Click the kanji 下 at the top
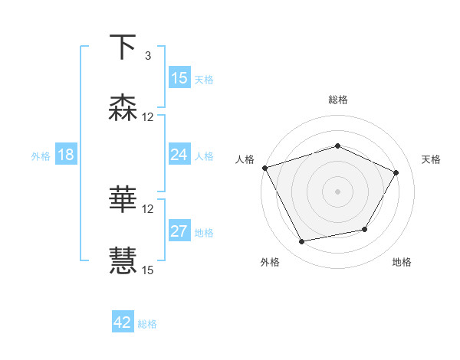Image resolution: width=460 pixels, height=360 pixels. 123,47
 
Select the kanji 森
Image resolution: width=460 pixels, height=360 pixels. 123,108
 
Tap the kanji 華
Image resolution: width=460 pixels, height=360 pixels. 123,200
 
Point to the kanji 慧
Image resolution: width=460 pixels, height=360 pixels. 123,260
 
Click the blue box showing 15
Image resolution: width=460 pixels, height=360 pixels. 179,77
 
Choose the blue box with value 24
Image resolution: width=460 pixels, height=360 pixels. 179,155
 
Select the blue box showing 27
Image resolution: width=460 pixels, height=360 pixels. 179,231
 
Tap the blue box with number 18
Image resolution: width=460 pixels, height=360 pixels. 66,155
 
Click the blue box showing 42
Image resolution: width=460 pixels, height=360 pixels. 123,322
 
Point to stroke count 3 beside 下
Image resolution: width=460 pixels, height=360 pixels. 148,56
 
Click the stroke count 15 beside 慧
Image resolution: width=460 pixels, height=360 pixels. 148,270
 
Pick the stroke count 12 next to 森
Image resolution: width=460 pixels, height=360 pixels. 148,117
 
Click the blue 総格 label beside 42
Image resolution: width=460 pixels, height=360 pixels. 147,324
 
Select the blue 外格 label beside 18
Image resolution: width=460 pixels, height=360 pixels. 41,155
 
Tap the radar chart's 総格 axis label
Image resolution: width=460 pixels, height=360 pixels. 338,100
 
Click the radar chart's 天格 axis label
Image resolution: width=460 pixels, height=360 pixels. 431,159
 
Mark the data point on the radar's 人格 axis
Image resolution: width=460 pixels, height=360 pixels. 264,168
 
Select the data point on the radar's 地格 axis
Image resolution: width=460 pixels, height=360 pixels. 365,229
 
